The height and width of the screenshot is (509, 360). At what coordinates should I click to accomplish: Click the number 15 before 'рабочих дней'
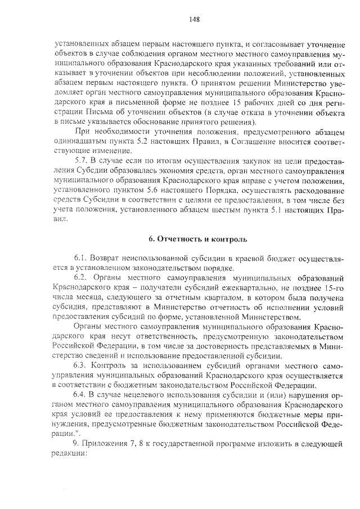click(x=238, y=102)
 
